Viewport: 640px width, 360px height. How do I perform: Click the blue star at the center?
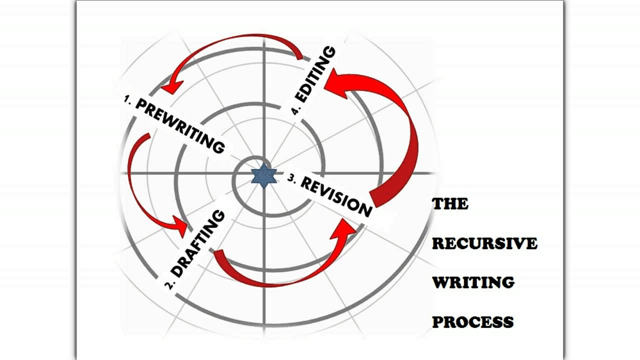coord(263,176)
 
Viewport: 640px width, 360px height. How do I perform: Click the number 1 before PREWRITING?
coord(127,99)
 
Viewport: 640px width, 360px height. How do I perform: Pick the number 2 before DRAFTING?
coord(170,285)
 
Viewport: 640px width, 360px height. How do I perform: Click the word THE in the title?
coord(450,204)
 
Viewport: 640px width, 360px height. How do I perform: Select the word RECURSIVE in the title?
coord(484,243)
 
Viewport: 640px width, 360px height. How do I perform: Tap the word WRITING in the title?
coord(473,282)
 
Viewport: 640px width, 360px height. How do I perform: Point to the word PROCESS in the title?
coord(472,322)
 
